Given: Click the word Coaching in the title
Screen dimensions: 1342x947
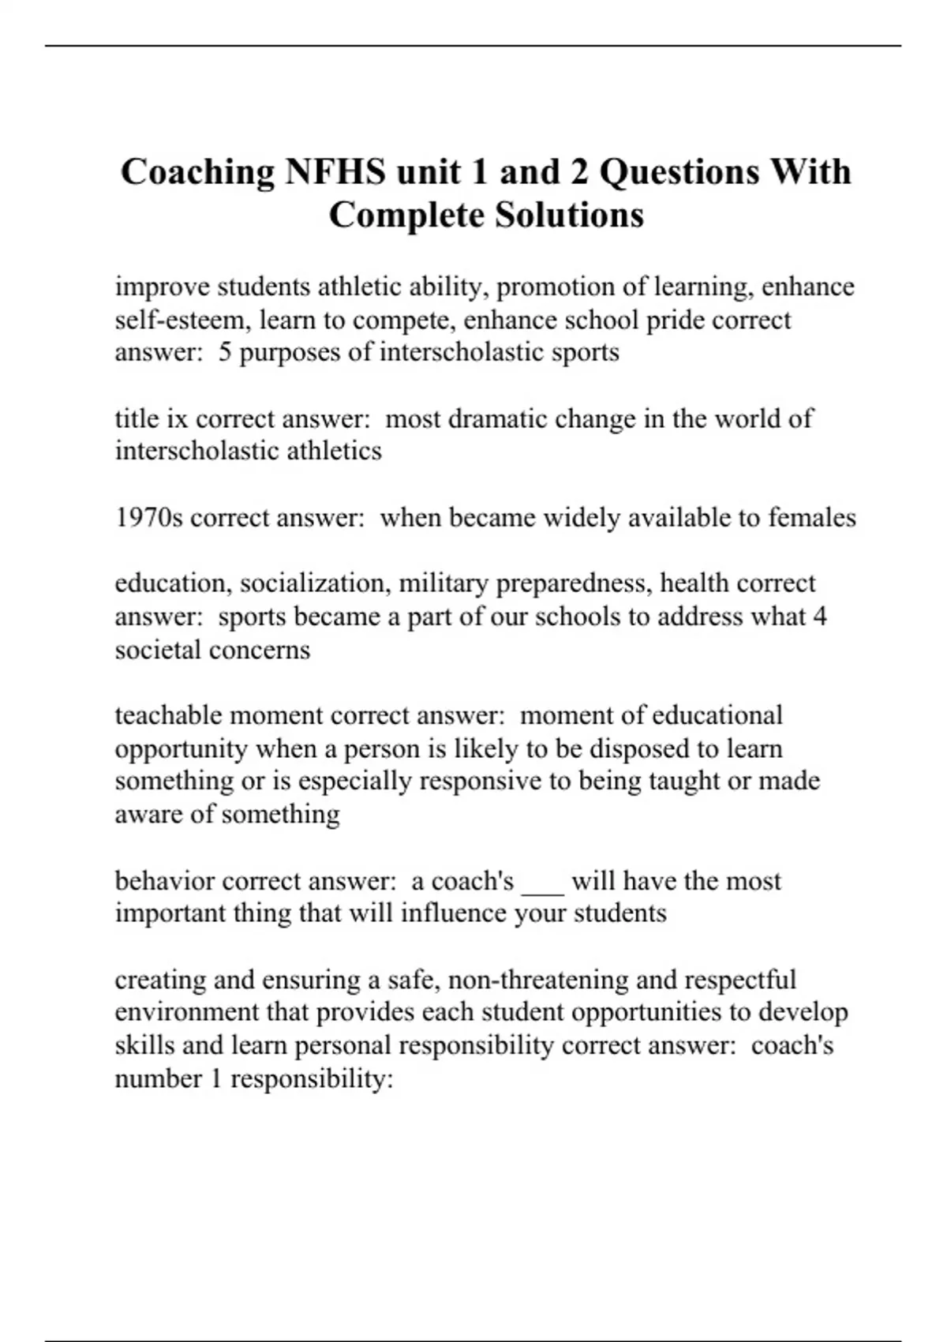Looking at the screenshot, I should [x=197, y=172].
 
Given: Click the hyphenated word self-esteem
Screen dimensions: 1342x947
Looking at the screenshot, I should [x=182, y=320].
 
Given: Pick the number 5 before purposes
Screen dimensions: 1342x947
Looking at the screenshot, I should [x=225, y=352].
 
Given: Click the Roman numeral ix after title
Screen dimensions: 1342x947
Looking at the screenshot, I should [x=176, y=418].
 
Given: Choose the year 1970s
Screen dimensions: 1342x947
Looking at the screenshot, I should [x=149, y=517].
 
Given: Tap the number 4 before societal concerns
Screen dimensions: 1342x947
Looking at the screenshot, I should [x=819, y=616].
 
